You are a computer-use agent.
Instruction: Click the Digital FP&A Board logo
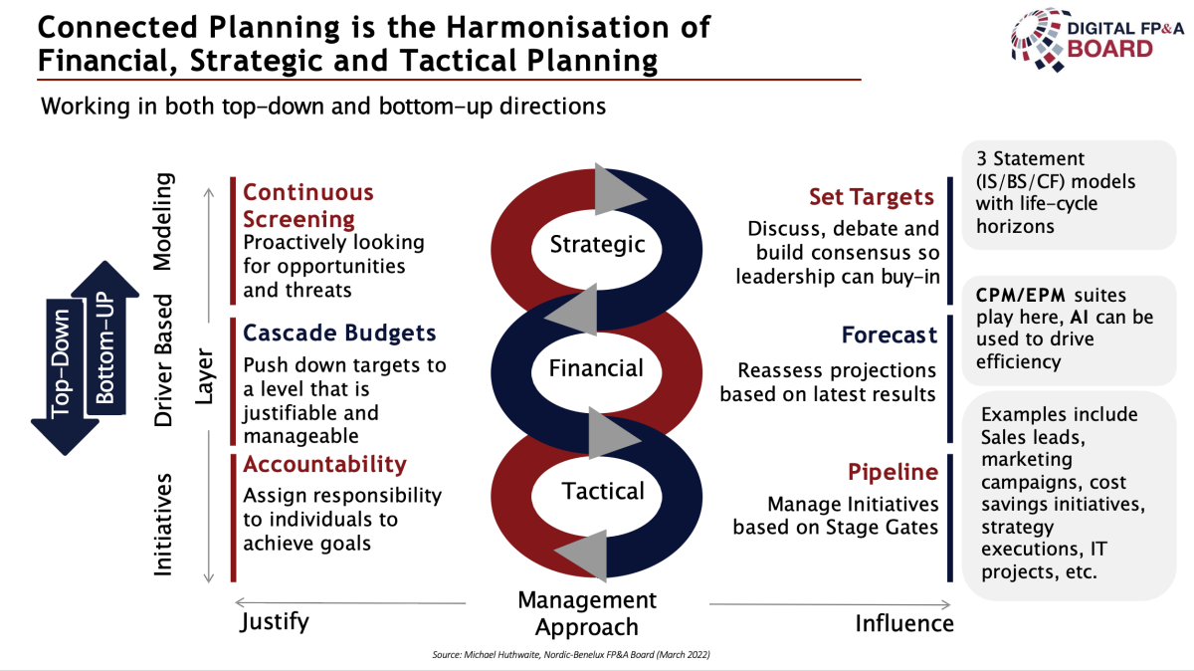pyautogui.click(x=1096, y=40)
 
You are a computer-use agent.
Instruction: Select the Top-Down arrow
pyautogui.click(x=65, y=376)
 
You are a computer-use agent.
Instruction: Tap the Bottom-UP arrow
pyautogui.click(x=105, y=337)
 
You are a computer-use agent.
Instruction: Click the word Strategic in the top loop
pyautogui.click(x=597, y=244)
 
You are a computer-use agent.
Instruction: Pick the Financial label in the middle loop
pyautogui.click(x=596, y=368)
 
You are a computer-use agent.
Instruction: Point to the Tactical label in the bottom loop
pyautogui.click(x=603, y=491)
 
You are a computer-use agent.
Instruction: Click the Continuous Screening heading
pyautogui.click(x=308, y=205)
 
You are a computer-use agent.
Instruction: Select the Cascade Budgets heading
pyautogui.click(x=339, y=333)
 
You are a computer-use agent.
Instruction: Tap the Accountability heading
pyautogui.click(x=324, y=465)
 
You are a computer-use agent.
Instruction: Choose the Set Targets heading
pyautogui.click(x=872, y=197)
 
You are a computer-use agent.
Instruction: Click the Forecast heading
pyautogui.click(x=890, y=335)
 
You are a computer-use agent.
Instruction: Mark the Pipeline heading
pyautogui.click(x=893, y=472)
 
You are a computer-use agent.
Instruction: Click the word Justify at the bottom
pyautogui.click(x=275, y=622)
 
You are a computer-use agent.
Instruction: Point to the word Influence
pyautogui.click(x=904, y=623)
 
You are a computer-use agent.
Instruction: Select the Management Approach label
pyautogui.click(x=587, y=613)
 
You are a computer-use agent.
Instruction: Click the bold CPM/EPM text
pyautogui.click(x=1020, y=295)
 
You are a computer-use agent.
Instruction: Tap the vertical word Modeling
pyautogui.click(x=163, y=221)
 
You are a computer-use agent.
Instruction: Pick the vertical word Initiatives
pyautogui.click(x=163, y=525)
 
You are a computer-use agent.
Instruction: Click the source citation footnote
pyautogui.click(x=571, y=654)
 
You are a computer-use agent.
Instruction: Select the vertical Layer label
pyautogui.click(x=204, y=376)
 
